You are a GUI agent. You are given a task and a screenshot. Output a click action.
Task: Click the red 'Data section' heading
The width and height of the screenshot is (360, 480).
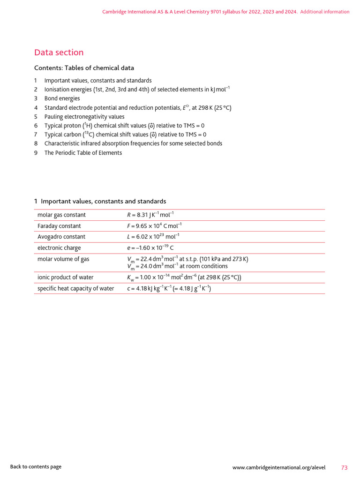tap(59, 52)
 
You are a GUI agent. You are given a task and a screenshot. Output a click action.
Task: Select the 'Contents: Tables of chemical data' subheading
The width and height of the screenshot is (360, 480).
tap(84, 68)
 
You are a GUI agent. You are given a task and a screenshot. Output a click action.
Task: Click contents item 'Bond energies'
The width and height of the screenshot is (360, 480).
tap(62, 98)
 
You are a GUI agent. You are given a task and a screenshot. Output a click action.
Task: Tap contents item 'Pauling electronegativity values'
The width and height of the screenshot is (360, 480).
tap(84, 117)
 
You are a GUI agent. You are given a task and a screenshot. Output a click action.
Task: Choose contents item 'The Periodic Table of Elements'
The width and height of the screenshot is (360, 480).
tap(83, 153)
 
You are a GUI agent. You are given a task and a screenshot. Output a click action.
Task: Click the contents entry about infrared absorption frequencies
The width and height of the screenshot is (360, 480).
tap(133, 143)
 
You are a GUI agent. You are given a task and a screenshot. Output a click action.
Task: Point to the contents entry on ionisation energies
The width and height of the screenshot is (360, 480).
tap(137, 90)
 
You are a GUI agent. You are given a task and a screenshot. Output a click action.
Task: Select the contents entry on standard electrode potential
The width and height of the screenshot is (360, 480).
tap(138, 108)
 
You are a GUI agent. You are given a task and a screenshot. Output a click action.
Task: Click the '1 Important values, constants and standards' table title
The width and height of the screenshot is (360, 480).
tap(100, 201)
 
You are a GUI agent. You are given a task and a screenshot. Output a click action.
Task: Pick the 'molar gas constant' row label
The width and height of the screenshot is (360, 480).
tap(61, 215)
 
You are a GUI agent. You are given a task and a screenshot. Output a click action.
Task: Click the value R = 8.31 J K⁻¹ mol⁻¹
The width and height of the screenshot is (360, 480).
tap(150, 215)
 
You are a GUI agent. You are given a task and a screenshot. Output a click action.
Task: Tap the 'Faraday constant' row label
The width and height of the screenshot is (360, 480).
tap(59, 226)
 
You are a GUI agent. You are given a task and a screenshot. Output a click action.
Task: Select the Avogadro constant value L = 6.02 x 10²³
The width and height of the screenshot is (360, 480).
tap(153, 237)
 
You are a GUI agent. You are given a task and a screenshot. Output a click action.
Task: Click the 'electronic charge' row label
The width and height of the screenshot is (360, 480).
tap(59, 248)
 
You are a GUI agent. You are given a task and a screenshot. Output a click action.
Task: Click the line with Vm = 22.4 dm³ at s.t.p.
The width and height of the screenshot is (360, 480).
tap(187, 259)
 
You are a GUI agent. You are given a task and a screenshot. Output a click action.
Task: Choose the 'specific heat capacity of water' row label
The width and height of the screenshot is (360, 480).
tap(75, 288)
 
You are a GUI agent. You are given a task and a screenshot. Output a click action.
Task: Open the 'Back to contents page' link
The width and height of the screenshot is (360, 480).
tap(36, 466)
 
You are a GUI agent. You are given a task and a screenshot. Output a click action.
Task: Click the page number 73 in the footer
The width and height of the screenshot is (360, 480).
tap(345, 467)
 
